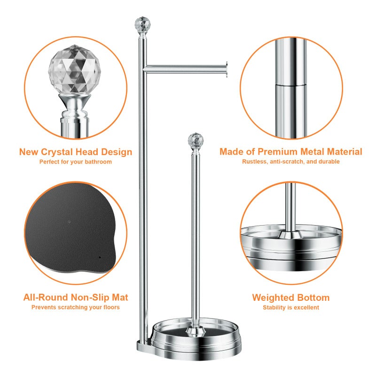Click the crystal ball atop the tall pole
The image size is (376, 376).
[x=142, y=24]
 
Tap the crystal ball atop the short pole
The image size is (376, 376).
[x=196, y=140]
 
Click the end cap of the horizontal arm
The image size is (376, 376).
[x=226, y=69]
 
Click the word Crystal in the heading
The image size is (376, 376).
[x=57, y=152]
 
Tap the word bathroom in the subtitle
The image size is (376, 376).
[x=98, y=162]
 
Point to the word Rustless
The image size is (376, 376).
[x=255, y=162]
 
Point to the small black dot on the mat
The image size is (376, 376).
[x=100, y=257]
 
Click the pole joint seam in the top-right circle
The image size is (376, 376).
[x=290, y=85]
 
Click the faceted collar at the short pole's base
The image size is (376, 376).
[x=196, y=332]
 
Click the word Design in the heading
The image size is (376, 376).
[x=117, y=152]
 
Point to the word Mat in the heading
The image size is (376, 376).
[x=120, y=298]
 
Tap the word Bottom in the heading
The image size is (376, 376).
[x=312, y=298]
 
